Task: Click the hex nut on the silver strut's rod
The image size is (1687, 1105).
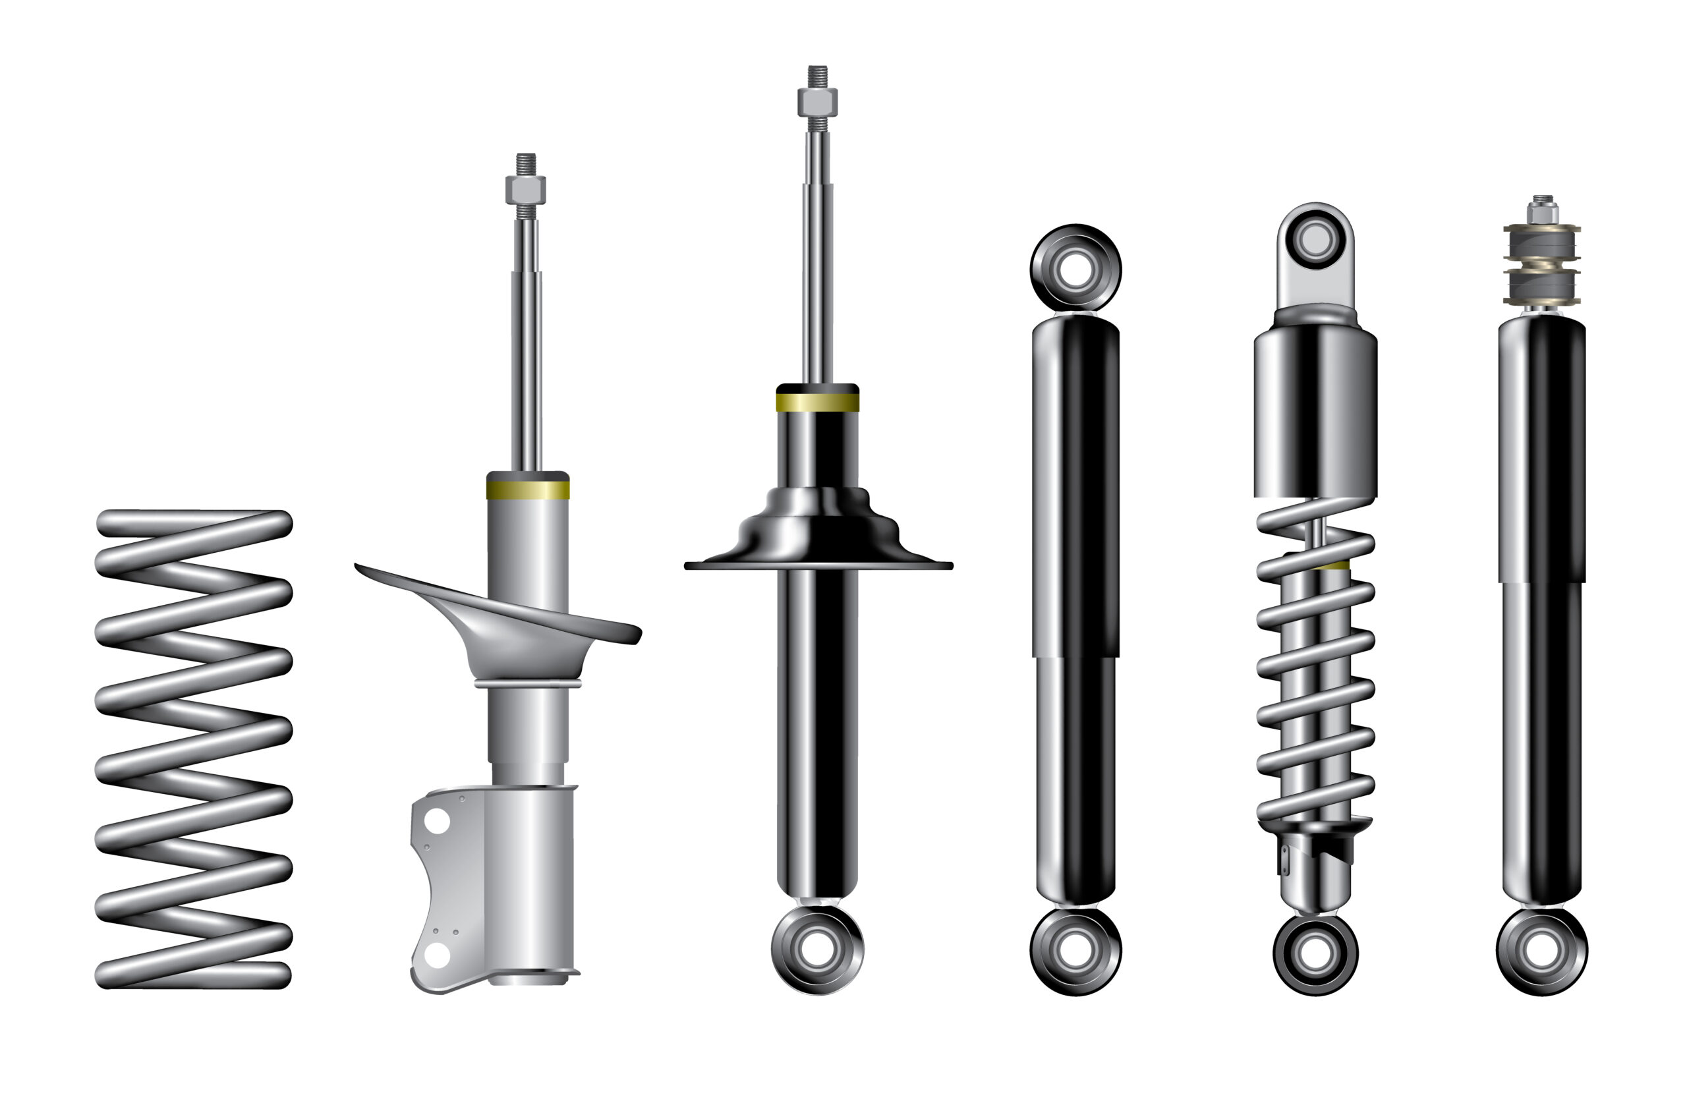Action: [525, 189]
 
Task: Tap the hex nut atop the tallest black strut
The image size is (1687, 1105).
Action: [817, 102]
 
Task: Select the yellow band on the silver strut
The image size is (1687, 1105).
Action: [527, 490]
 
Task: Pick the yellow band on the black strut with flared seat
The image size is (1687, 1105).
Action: [817, 403]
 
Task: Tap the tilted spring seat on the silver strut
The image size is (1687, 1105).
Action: [510, 624]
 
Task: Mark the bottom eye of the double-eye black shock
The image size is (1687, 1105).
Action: [1075, 950]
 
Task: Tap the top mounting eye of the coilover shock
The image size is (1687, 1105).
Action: [1315, 239]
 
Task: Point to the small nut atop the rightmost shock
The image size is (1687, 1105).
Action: [1543, 212]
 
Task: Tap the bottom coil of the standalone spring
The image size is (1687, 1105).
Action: [193, 975]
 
